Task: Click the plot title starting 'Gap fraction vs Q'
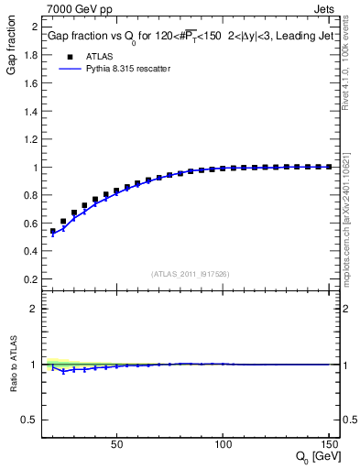pyautogui.click(x=192, y=38)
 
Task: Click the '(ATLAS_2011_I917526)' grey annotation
pyautogui.click(x=190, y=273)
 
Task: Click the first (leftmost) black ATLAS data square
pyautogui.click(x=53, y=231)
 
